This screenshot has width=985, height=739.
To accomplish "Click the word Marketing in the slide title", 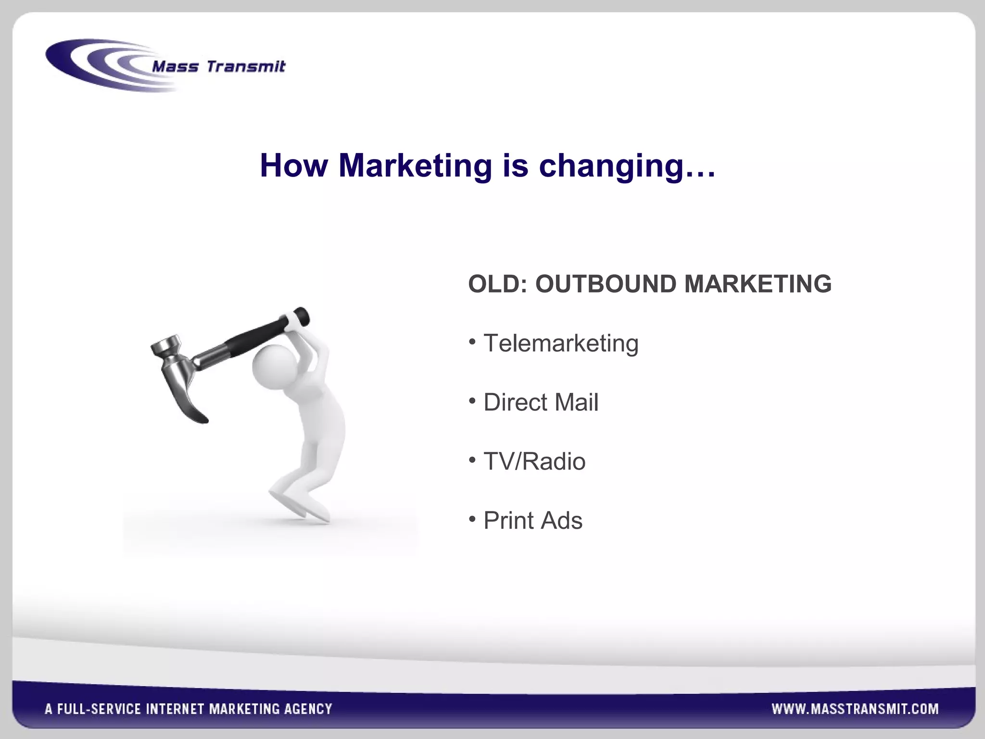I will click(x=415, y=166).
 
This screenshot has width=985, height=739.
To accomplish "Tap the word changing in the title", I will click(x=611, y=166).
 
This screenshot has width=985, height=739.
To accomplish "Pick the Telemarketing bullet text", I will click(x=561, y=344).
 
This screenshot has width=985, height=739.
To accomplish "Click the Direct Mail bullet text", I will click(x=541, y=402).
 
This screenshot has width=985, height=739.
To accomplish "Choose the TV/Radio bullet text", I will click(x=534, y=461).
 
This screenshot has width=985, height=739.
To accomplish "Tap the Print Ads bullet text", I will click(x=533, y=521).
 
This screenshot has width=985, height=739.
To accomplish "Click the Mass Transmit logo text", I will click(x=218, y=66).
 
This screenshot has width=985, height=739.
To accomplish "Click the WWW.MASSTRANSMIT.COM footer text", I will click(x=855, y=709).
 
